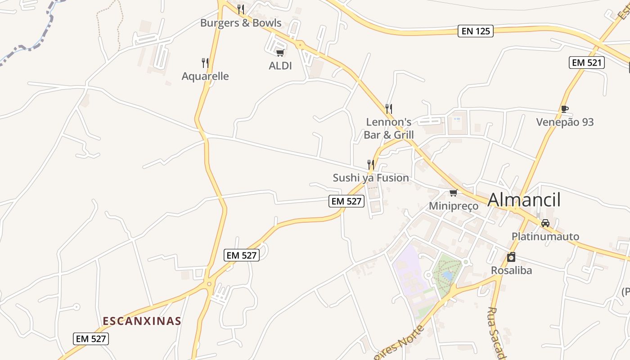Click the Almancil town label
click(x=524, y=200)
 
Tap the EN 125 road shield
click(x=476, y=31)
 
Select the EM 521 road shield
click(x=586, y=63)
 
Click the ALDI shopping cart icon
click(x=280, y=53)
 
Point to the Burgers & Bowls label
click(x=241, y=23)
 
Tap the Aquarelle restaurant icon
click(x=205, y=63)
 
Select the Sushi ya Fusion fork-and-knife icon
click(x=371, y=165)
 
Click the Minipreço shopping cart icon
click(x=453, y=193)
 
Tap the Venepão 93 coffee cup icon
click(x=565, y=109)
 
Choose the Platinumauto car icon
click(x=545, y=223)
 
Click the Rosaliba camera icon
click(x=511, y=257)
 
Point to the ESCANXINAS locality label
click(x=142, y=321)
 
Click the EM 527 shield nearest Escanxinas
click(x=91, y=339)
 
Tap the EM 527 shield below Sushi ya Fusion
click(x=346, y=201)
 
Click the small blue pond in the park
click(x=447, y=275)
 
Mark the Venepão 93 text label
click(x=565, y=122)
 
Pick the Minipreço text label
click(x=453, y=206)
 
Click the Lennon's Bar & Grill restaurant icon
click(x=389, y=108)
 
